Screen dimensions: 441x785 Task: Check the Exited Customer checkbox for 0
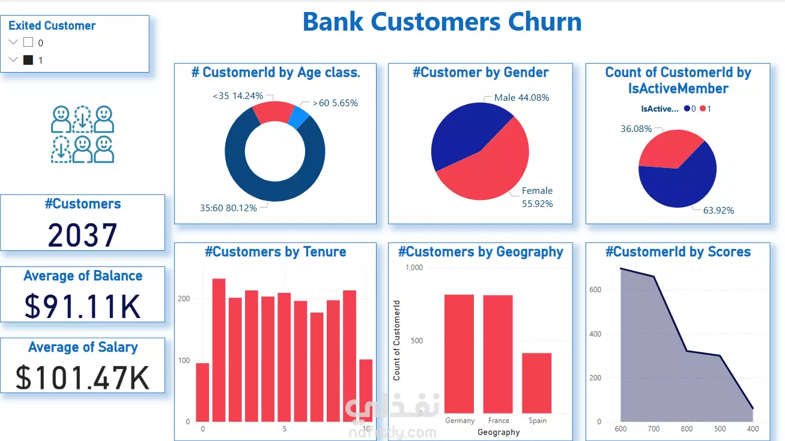[x=28, y=43]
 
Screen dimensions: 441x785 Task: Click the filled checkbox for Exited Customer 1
[x=28, y=60]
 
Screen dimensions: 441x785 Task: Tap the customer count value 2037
[x=83, y=235]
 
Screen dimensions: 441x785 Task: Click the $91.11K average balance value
[x=83, y=305]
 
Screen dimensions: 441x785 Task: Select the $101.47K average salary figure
[x=83, y=377]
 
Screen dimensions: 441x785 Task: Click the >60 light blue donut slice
[x=299, y=118]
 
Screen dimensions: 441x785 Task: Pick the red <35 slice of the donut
[x=272, y=112]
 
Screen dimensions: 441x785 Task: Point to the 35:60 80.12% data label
[x=228, y=208]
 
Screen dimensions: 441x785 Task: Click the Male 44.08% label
[x=521, y=97]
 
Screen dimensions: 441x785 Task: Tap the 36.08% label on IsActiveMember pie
[x=635, y=128]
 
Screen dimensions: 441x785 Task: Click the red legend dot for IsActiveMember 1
[x=703, y=109]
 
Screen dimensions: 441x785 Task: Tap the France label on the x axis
[x=499, y=421]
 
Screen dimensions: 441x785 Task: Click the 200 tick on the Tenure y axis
[x=184, y=299]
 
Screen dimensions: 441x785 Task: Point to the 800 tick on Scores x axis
[x=686, y=429]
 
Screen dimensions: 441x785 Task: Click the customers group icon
[x=82, y=134]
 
